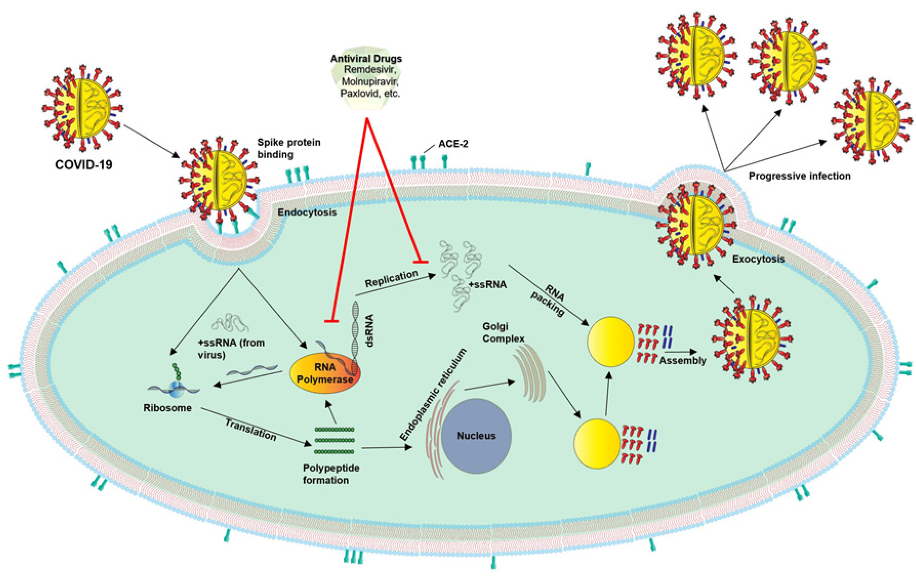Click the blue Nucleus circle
(476, 436)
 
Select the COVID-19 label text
(84, 164)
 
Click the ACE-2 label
(453, 144)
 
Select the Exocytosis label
(758, 259)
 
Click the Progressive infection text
(799, 176)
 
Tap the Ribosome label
(167, 408)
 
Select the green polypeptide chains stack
(334, 441)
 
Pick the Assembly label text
(682, 361)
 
